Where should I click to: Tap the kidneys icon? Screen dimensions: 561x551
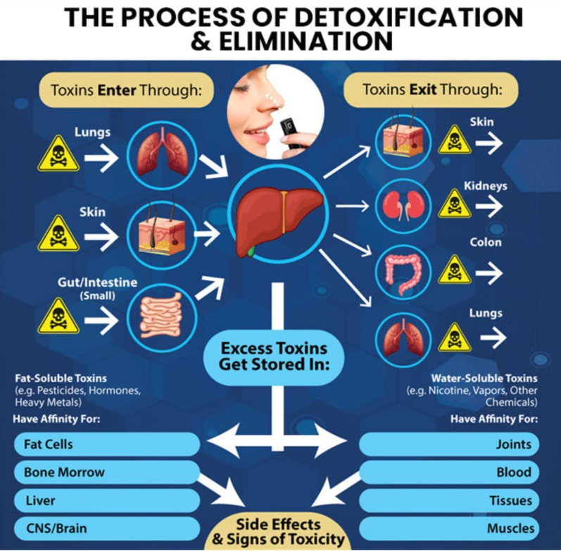click(403, 206)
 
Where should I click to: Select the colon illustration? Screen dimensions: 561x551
click(403, 273)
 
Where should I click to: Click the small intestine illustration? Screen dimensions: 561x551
click(161, 315)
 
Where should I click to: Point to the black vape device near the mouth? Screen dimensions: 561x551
click(291, 133)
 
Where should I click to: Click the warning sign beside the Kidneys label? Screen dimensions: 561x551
click(455, 204)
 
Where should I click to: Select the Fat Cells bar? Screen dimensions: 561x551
click(106, 444)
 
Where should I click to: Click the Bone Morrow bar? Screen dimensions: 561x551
click(106, 472)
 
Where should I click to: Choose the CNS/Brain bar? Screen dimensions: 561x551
click(106, 528)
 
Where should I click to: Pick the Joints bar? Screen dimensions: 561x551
click(449, 444)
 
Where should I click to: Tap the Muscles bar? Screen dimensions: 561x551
click(449, 528)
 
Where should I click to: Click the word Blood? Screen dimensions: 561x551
click(514, 472)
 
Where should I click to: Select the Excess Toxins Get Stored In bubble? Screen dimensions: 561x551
click(274, 357)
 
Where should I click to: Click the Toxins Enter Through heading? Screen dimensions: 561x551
click(126, 90)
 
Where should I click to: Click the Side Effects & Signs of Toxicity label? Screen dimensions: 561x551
click(278, 533)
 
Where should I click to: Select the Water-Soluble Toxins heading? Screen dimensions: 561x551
click(484, 378)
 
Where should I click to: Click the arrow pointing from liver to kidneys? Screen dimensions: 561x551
click(353, 206)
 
